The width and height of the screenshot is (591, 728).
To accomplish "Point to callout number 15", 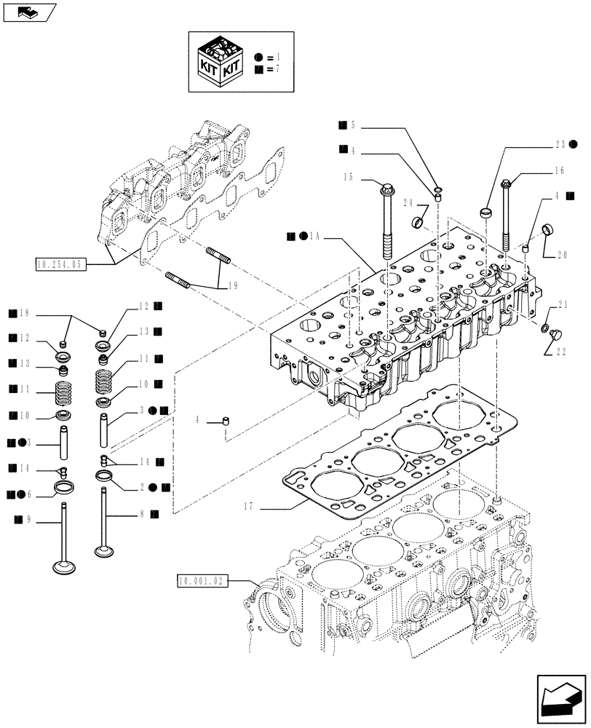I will tap(348, 177).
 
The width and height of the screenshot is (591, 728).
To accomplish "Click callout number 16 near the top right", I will tap(558, 172).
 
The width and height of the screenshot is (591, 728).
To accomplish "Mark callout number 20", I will tap(563, 256).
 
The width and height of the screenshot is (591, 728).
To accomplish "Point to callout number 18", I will tap(25, 314).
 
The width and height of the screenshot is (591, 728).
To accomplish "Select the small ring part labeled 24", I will tap(420, 221).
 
